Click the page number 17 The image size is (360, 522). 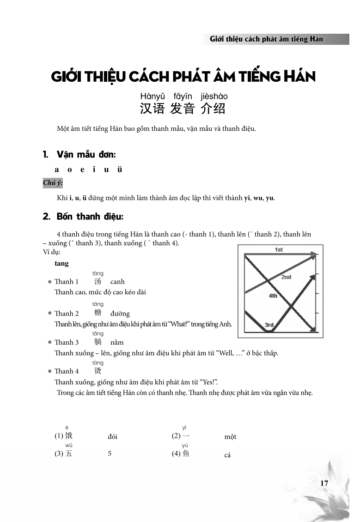point(323,483)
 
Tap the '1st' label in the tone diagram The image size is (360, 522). point(278,249)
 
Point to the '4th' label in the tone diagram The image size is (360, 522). point(273,295)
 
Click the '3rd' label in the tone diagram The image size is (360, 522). point(269,325)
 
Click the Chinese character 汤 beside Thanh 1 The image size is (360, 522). point(98,281)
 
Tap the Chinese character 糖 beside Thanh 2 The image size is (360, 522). point(98,313)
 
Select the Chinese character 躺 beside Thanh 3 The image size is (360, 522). point(98,342)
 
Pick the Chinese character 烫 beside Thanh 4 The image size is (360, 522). point(98,371)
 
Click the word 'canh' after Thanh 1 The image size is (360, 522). point(117,281)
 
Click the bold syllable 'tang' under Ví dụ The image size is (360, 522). point(61,263)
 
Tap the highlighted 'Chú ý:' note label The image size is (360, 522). point(53,183)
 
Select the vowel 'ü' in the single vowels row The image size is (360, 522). point(120,169)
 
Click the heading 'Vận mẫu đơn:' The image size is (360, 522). point(86,154)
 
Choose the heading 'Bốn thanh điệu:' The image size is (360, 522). point(90,217)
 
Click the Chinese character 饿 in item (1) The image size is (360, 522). point(69,436)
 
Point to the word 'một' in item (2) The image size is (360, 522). point(230,437)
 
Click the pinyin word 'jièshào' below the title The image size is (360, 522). point(214,97)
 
